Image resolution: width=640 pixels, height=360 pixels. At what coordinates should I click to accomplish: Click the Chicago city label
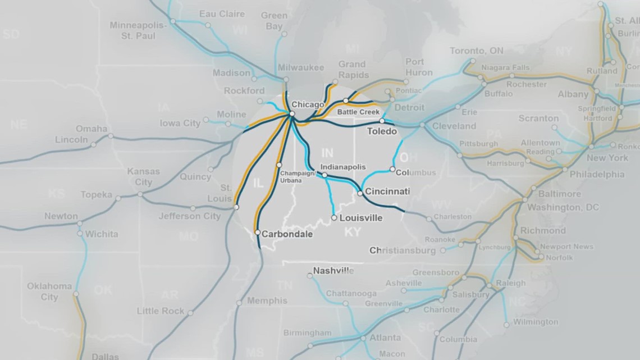[308, 104]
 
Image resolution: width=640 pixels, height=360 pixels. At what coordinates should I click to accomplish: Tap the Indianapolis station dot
[324, 175]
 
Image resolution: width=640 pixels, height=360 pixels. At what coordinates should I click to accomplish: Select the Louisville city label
[361, 218]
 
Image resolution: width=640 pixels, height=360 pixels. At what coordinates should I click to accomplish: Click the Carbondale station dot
[257, 232]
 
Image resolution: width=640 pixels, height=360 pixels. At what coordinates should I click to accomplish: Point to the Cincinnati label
[387, 192]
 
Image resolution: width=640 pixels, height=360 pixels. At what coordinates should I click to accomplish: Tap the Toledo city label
[382, 131]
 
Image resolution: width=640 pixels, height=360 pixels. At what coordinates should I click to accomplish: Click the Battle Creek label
[358, 112]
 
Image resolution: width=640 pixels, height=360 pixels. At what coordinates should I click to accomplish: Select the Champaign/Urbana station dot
[279, 165]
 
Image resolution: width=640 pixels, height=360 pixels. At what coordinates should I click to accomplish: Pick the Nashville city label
[333, 271]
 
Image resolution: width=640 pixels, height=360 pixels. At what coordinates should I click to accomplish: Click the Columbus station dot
[392, 169]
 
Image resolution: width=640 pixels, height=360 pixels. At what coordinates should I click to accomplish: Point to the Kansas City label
[143, 176]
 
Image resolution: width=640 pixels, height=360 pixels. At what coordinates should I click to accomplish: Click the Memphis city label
[267, 301]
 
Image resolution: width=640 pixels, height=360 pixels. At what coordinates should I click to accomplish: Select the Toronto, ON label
[477, 51]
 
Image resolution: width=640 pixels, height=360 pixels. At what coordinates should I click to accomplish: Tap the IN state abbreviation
[327, 153]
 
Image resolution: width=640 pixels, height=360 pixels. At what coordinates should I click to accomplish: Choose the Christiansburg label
[403, 250]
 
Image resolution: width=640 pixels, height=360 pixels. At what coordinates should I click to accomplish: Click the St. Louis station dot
[236, 207]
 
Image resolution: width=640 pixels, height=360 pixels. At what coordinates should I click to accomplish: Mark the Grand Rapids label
[352, 69]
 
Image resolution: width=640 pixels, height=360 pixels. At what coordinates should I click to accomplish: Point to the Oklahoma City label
[49, 291]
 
